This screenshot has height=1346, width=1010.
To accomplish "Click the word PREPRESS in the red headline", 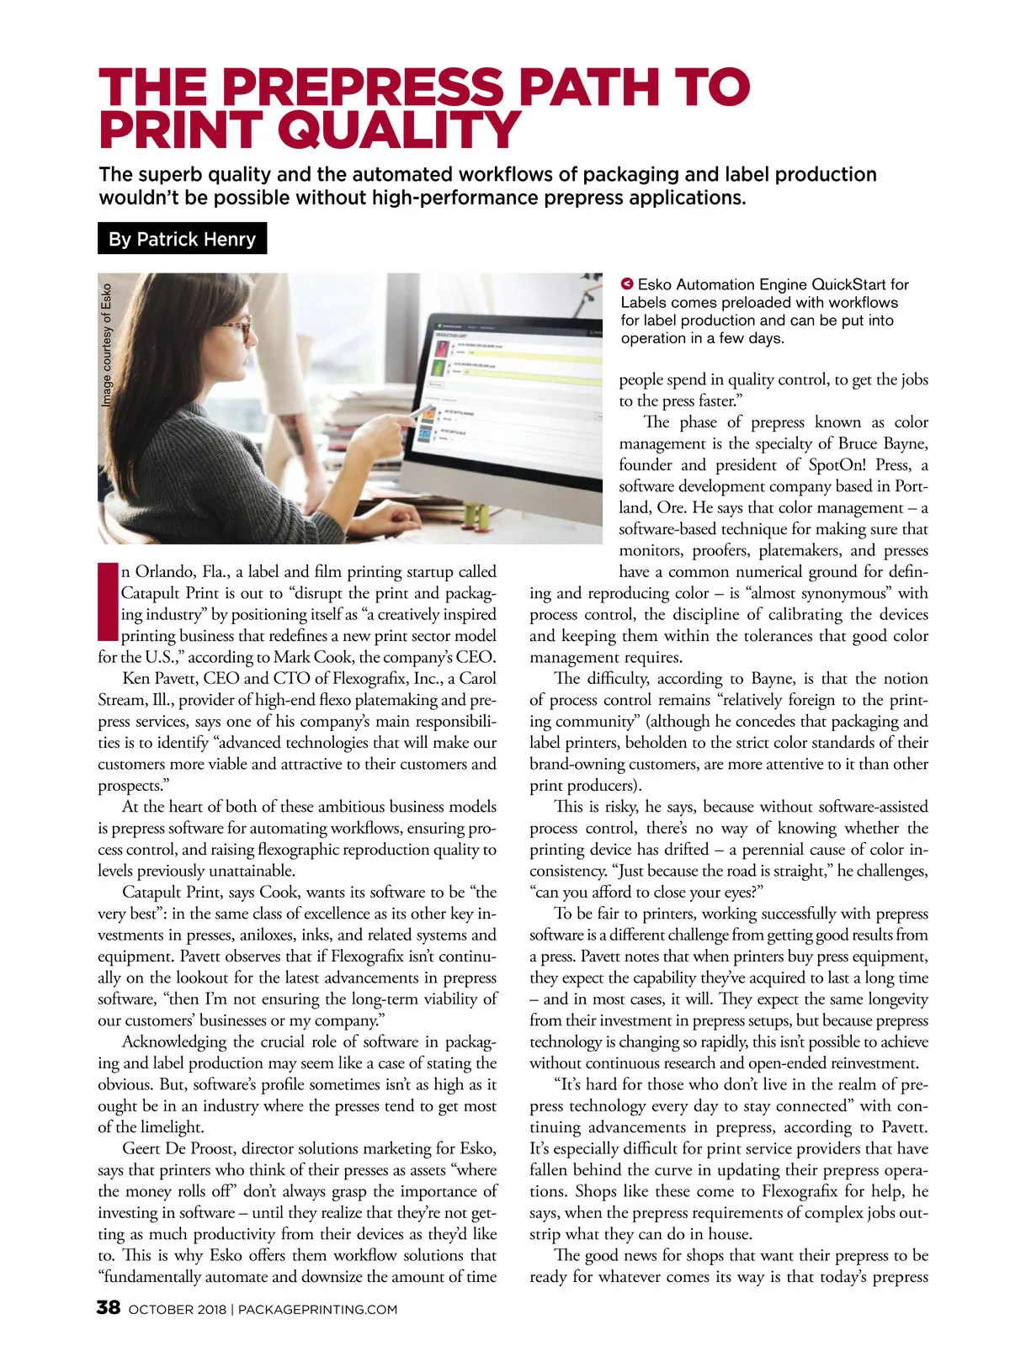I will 364,86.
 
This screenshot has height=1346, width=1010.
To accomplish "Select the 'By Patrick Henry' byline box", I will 182,239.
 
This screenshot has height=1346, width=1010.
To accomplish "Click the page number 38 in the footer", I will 109,1307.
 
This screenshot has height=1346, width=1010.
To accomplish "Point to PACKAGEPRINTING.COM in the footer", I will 318,1309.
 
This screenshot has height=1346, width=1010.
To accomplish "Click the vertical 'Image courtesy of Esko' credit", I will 107,346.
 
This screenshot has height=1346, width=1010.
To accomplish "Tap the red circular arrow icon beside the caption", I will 627,284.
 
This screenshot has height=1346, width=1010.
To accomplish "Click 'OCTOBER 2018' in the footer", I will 178,1309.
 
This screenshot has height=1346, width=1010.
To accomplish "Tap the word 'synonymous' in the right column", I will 849,593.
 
